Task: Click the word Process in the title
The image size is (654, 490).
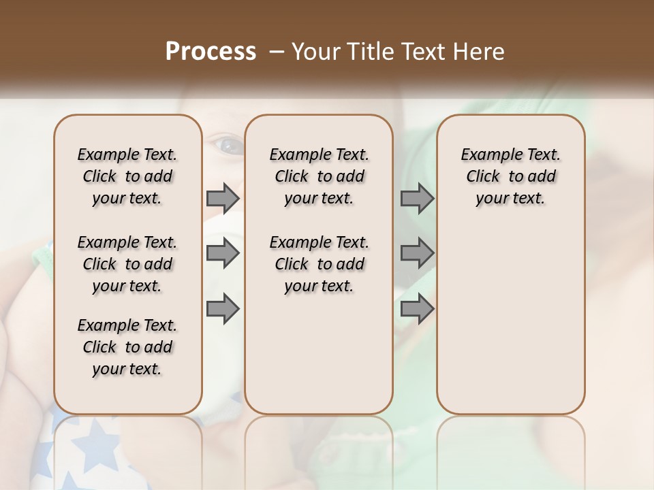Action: [211, 52]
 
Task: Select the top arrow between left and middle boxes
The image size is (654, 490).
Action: [223, 198]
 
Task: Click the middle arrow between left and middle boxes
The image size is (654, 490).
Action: [223, 253]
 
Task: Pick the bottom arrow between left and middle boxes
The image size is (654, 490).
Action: [223, 308]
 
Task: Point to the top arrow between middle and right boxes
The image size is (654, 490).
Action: [417, 198]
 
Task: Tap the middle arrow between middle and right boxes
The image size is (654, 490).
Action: [417, 253]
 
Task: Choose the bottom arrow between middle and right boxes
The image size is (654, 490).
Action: [417, 308]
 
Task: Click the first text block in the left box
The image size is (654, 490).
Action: [127, 176]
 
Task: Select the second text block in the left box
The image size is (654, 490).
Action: [127, 264]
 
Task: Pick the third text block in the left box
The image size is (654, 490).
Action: [127, 347]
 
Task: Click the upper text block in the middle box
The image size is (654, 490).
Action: [319, 176]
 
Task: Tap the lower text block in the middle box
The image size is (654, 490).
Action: [319, 264]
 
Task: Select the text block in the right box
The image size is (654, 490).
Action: [510, 176]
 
